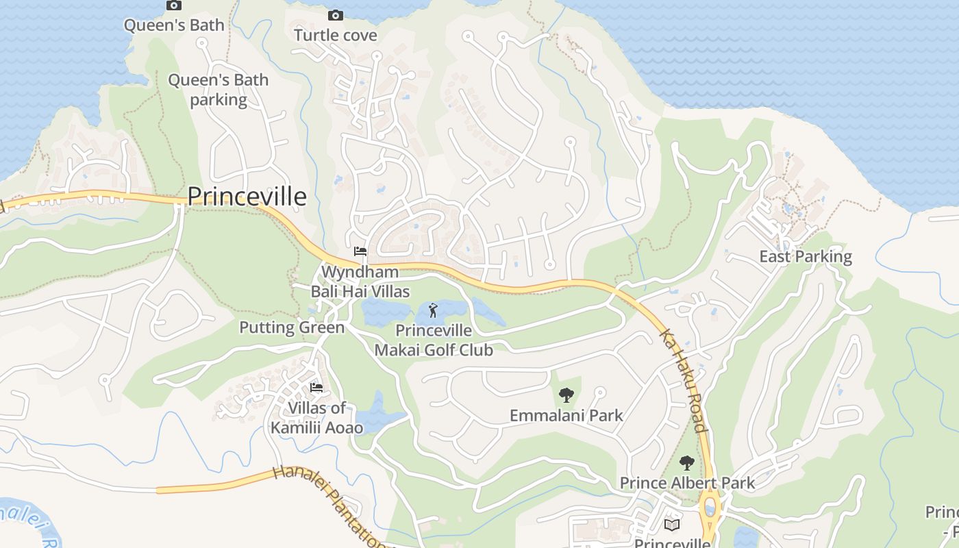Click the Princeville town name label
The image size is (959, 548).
pos(247,197)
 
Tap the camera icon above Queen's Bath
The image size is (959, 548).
pos(174,5)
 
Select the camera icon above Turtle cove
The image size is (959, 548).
pos(336,15)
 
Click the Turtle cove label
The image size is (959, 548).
pos(336,35)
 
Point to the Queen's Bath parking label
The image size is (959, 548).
pos(219,90)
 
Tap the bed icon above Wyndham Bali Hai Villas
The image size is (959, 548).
pos(360,251)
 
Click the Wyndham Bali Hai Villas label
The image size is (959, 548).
pos(360,282)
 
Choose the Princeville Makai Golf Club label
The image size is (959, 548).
pos(434,340)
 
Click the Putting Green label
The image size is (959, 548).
pos(292,327)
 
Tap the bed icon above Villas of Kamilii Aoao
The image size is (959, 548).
pos(316,388)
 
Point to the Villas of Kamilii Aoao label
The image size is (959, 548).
pos(316,418)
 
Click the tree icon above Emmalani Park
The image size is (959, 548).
pos(566,395)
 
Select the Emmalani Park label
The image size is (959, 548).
pos(566,415)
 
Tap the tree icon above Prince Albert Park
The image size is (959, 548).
pos(687,463)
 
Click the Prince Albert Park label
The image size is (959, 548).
pos(687,483)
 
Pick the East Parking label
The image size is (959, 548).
pos(806,257)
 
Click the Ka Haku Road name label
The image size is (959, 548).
pos(683,381)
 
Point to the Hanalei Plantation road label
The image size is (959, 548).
pos(329,506)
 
